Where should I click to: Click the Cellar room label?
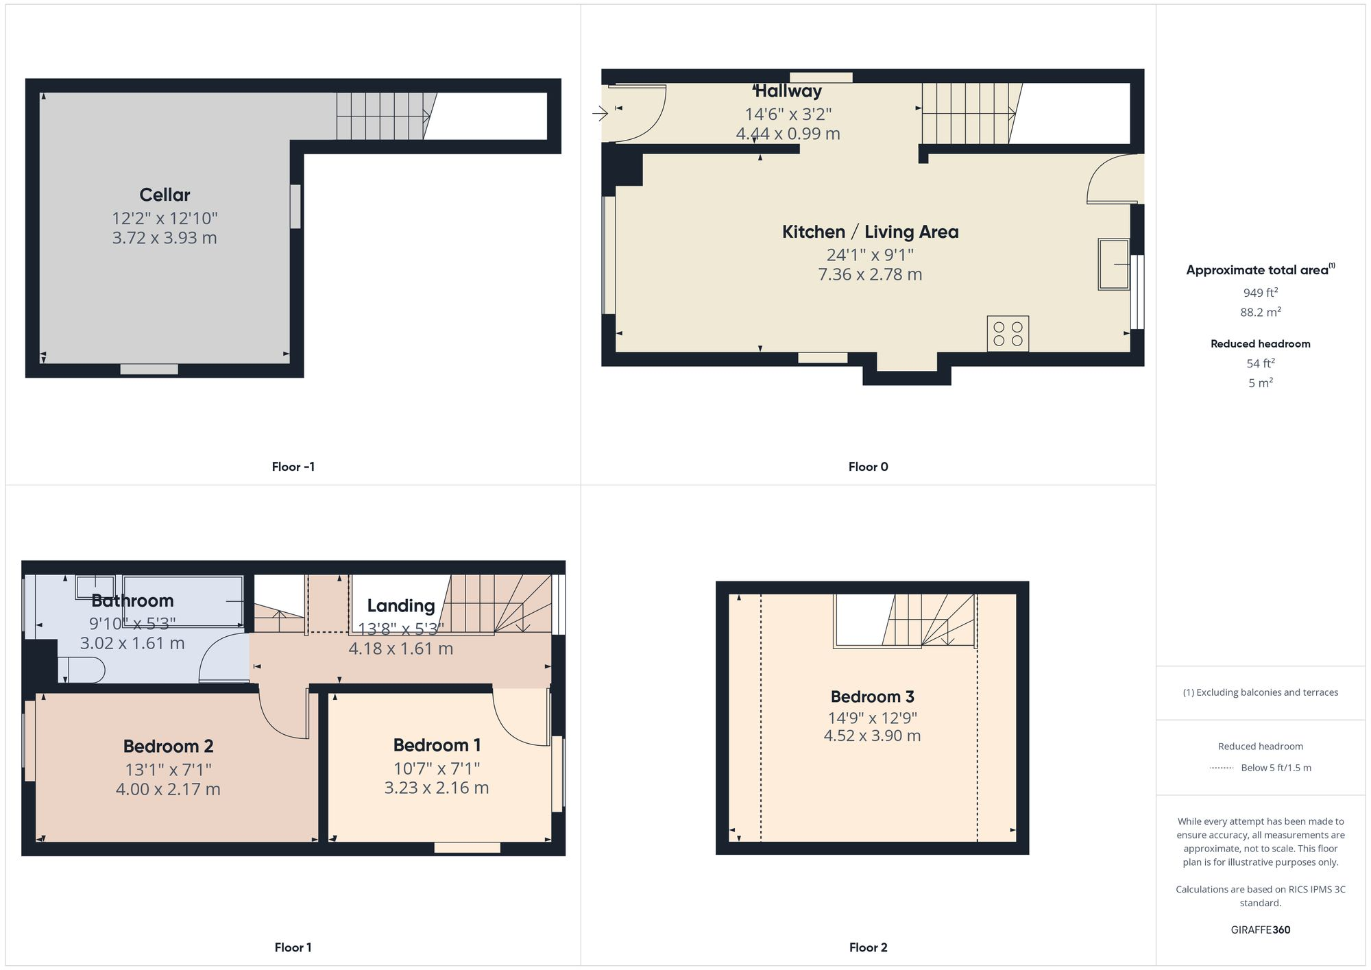165,195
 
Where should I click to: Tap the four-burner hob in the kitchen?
1008,334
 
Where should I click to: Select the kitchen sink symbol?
1113,264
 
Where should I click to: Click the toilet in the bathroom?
82,670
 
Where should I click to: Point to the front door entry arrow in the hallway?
600,113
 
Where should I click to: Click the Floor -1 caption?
293,467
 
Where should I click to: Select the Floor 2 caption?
868,947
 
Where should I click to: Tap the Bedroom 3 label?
872,696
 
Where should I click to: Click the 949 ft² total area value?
1260,293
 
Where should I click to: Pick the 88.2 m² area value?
1260,313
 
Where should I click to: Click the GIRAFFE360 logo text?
1260,930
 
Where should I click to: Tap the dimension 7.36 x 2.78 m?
869,275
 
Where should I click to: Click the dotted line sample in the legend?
1222,768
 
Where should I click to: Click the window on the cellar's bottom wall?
149,369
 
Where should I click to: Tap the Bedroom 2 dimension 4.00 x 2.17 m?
168,790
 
